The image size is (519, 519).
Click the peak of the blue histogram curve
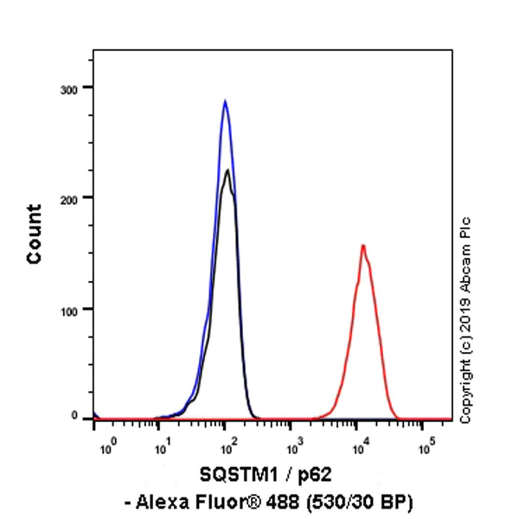coord(225,101)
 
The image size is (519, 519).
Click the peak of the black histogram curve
coord(227,170)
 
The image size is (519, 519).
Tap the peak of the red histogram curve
coord(363,246)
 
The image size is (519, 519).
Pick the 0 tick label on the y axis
coord(79,416)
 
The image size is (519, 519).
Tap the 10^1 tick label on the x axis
coord(161,448)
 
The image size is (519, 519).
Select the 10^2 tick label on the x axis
coord(227,448)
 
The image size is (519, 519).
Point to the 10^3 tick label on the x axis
coord(294,448)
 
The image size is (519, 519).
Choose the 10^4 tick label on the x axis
coord(361,448)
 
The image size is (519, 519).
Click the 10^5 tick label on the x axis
coord(426,448)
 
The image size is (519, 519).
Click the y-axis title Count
coord(34,234)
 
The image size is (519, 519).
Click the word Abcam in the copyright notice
coord(466,259)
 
